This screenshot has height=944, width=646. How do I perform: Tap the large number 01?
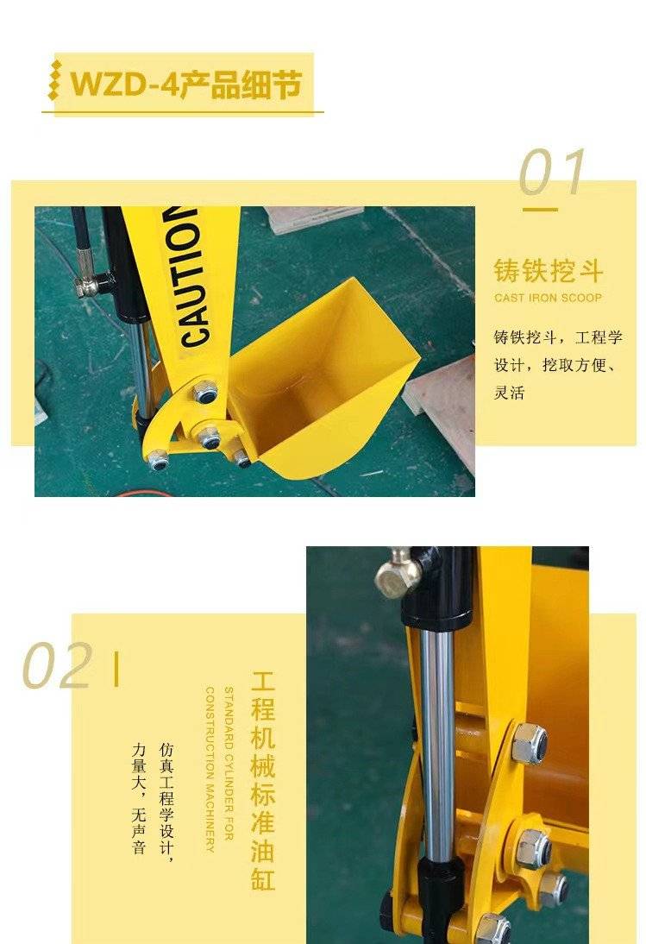pyautogui.click(x=552, y=173)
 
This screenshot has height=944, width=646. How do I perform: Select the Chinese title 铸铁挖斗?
pyautogui.click(x=548, y=271)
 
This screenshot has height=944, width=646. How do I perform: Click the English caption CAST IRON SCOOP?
pyautogui.click(x=548, y=298)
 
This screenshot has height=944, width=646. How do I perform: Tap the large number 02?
pyautogui.click(x=58, y=665)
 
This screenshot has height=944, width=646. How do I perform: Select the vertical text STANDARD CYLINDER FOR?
pyautogui.click(x=229, y=763)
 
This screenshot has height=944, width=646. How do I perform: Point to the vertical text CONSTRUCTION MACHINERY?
pyautogui.click(x=210, y=770)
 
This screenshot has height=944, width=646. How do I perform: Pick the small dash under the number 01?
pyautogui.click(x=540, y=210)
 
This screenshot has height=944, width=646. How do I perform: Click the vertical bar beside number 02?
pyautogui.click(x=116, y=668)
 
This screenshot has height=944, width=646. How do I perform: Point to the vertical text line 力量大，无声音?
pyautogui.click(x=139, y=797)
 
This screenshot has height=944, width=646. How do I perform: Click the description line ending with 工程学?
pyautogui.click(x=558, y=337)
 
